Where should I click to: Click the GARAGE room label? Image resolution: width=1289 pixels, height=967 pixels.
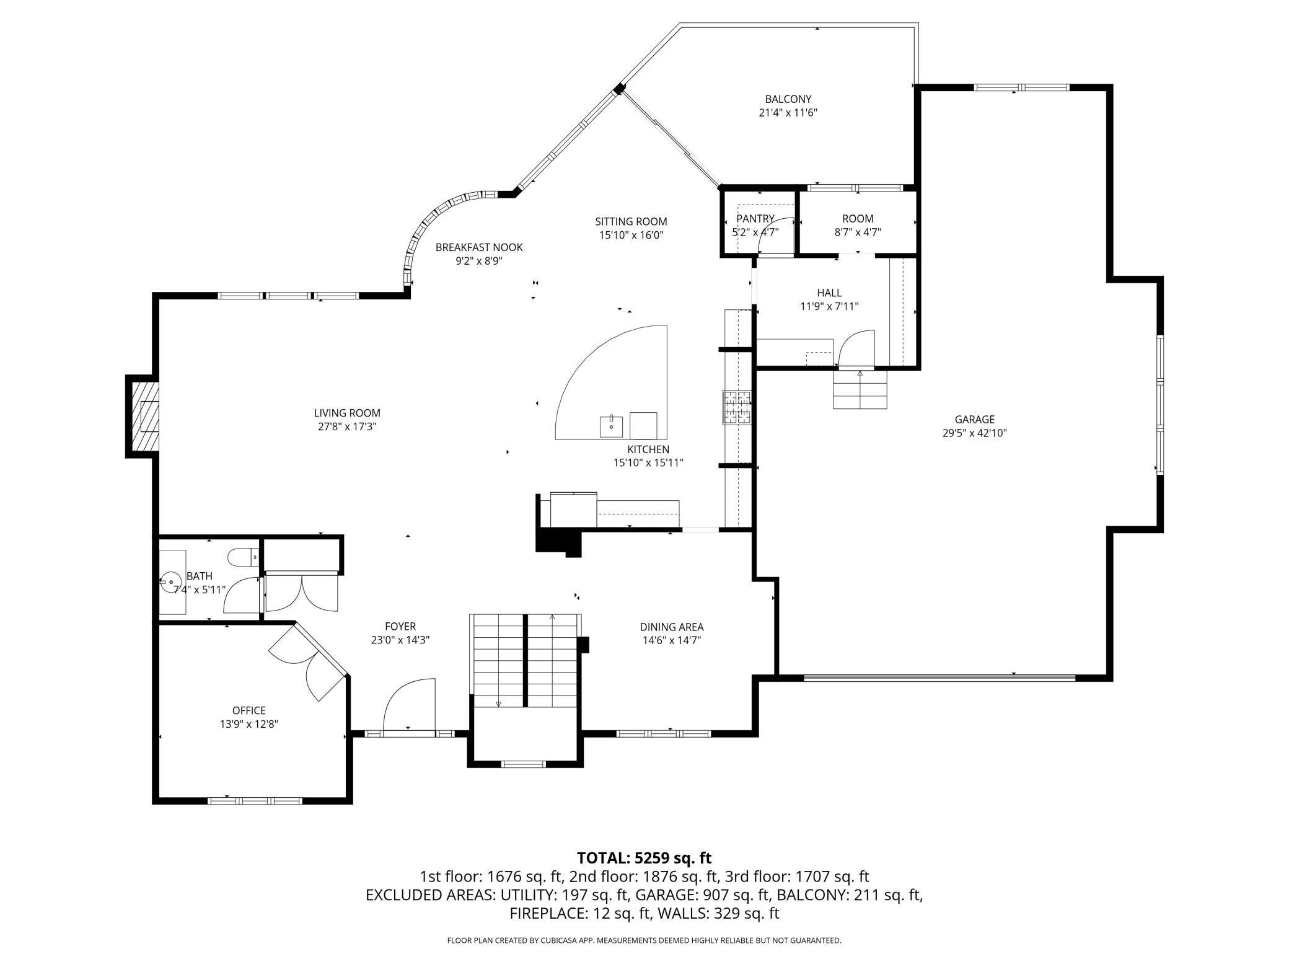(974, 420)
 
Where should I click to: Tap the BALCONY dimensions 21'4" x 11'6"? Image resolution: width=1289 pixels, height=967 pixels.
(788, 113)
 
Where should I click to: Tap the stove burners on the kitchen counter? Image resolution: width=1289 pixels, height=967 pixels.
(737, 407)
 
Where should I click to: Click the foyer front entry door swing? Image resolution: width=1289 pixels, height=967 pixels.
(409, 707)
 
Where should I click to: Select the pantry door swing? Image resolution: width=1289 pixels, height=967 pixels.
(776, 236)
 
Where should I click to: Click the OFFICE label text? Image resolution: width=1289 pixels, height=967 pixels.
(249, 710)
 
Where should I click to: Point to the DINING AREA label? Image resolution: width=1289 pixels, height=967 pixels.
(672, 627)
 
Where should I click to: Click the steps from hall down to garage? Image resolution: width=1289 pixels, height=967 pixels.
(860, 391)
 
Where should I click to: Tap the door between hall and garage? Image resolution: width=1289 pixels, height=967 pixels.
(855, 351)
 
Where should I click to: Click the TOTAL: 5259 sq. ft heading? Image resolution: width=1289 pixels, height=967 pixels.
(644, 858)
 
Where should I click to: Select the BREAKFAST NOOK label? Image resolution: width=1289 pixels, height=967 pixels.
(479, 247)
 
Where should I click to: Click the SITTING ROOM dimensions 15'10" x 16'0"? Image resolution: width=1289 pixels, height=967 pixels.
(631, 235)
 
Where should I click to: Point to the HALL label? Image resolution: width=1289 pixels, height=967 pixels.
(829, 293)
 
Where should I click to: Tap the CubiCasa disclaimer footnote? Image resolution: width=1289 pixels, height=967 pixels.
(644, 940)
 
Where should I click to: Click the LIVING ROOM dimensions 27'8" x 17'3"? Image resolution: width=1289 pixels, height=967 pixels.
(346, 426)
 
